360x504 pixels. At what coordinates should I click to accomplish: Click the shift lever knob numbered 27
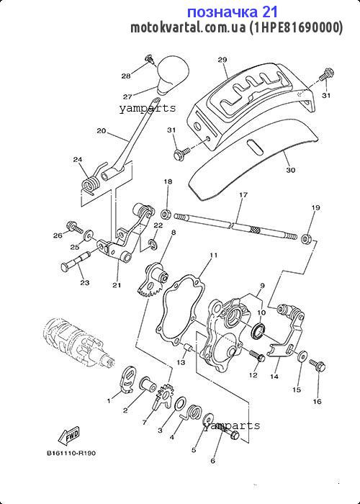click(173, 75)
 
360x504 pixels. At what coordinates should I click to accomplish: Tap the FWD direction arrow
click(69, 436)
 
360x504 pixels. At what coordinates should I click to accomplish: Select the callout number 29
click(222, 60)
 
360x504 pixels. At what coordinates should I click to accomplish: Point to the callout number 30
click(290, 171)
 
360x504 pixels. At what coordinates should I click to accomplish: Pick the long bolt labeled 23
click(75, 262)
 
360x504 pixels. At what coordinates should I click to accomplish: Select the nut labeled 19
click(307, 239)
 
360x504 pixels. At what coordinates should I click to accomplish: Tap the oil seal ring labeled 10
click(258, 332)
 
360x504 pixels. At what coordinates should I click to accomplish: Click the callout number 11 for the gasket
click(214, 256)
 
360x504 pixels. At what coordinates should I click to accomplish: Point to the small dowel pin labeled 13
click(187, 348)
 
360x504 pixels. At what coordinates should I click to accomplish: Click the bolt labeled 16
click(318, 365)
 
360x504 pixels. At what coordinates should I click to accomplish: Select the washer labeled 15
click(302, 356)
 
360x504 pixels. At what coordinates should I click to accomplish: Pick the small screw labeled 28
click(150, 60)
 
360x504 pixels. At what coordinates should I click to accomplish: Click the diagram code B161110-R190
click(71, 453)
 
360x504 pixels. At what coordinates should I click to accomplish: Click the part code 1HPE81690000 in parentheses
click(296, 27)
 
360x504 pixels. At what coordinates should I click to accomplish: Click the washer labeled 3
click(180, 404)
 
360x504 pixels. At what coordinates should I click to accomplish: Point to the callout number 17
click(243, 195)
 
